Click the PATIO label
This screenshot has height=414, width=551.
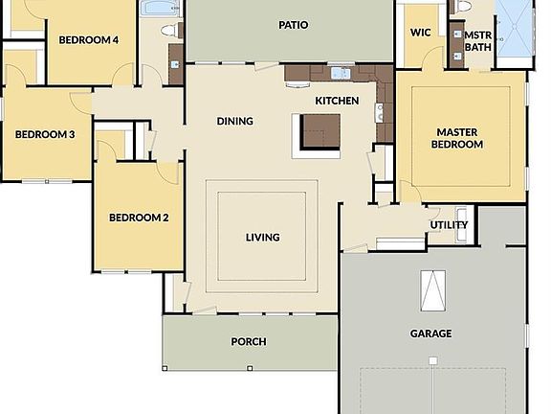[293, 24]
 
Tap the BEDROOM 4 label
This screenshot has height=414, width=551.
[89, 40]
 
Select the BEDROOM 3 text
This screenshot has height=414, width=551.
[45, 134]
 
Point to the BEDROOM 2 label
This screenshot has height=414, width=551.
[139, 218]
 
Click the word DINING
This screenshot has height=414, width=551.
[235, 121]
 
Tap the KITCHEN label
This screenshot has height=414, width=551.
[337, 101]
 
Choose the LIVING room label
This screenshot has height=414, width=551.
[263, 238]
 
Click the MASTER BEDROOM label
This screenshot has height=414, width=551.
[459, 138]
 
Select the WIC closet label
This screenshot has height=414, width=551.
[420, 32]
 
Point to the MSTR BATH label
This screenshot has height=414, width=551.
[477, 40]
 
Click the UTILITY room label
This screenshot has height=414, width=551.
[449, 225]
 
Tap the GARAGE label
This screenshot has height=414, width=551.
[432, 333]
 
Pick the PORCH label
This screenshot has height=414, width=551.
[249, 341]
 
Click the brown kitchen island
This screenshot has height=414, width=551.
[320, 131]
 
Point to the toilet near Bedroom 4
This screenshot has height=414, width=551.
[171, 30]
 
